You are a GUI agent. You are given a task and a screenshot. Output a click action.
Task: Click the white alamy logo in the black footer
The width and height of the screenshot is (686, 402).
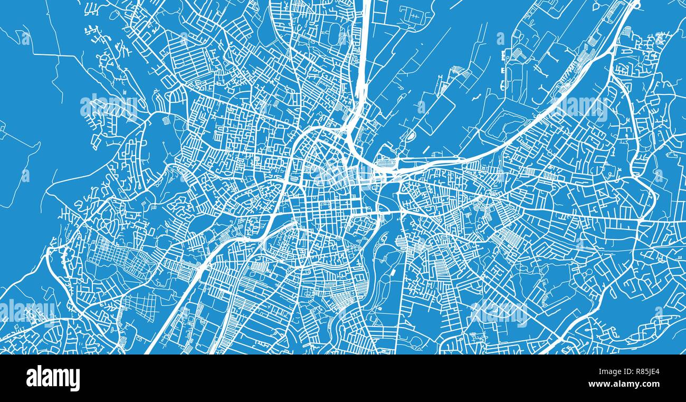pos(53,378)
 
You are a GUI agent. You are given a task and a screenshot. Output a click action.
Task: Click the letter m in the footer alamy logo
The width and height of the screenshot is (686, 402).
pos(59,378)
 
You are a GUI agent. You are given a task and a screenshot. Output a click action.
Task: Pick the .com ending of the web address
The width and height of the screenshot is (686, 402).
pos(651,384)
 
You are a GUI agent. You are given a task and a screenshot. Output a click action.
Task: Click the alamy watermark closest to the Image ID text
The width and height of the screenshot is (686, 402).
pos(499,312)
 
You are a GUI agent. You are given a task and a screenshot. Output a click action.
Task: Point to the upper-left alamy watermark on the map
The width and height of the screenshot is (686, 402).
pos(109,107)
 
